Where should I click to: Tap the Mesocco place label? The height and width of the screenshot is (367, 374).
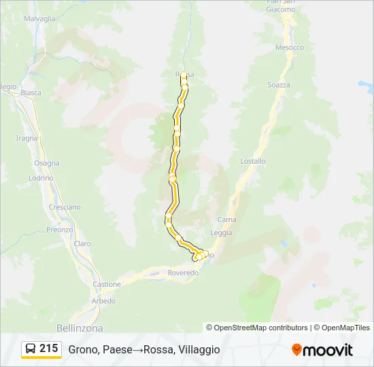pyautogui.click(x=289, y=48)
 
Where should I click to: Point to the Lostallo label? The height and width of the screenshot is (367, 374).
pyautogui.click(x=253, y=161)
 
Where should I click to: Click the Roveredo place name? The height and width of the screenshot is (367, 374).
pyautogui.click(x=183, y=273)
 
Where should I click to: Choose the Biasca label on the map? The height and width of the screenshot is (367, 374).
pyautogui.click(x=31, y=92)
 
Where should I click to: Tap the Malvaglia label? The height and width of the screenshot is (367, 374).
pyautogui.click(x=39, y=19)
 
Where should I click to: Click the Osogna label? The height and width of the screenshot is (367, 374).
pyautogui.click(x=47, y=163)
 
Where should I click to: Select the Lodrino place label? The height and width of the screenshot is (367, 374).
pyautogui.click(x=41, y=177)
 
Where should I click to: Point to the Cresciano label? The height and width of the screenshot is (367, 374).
pyautogui.click(x=65, y=207)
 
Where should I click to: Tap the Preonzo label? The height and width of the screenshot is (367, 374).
pyautogui.click(x=60, y=230)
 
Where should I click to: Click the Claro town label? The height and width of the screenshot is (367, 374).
pyautogui.click(x=82, y=243)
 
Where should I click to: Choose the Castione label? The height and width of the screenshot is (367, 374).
pyautogui.click(x=107, y=284)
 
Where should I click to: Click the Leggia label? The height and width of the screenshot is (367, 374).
pyautogui.click(x=221, y=232)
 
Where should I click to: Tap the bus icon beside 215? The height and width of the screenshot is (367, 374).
pyautogui.click(x=31, y=349)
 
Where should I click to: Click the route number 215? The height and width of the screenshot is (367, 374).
pyautogui.click(x=49, y=349)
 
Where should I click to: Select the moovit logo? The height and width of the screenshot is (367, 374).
pyautogui.click(x=322, y=350)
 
